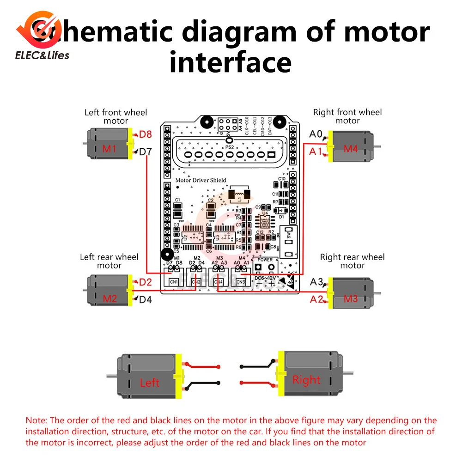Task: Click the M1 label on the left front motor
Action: (x=109, y=149)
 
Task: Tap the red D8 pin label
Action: (x=146, y=134)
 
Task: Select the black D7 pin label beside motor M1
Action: (x=146, y=151)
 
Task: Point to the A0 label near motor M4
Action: (x=316, y=134)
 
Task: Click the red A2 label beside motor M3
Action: (x=316, y=299)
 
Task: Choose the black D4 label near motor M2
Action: (x=146, y=299)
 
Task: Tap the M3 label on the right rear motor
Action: (x=351, y=299)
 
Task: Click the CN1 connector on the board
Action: (x=174, y=281)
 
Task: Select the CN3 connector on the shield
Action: (x=241, y=281)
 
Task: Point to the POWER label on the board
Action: (x=265, y=260)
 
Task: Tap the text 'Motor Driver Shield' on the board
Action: (x=201, y=180)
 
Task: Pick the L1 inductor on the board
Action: (x=240, y=194)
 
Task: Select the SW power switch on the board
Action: (x=288, y=241)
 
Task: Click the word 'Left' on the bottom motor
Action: (x=149, y=383)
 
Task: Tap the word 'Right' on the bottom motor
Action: (x=306, y=380)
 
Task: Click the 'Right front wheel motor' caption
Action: (x=347, y=116)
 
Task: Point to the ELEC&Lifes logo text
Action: (x=42, y=55)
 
